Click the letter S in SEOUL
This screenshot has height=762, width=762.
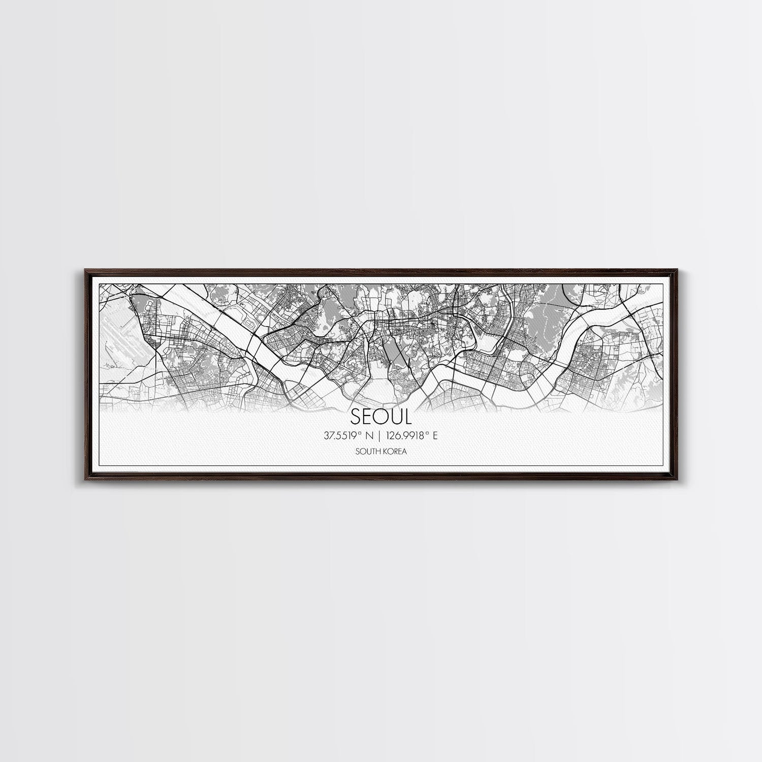(x=356, y=417)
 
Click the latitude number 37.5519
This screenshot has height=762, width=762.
(x=340, y=435)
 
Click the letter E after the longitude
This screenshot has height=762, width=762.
(x=435, y=435)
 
